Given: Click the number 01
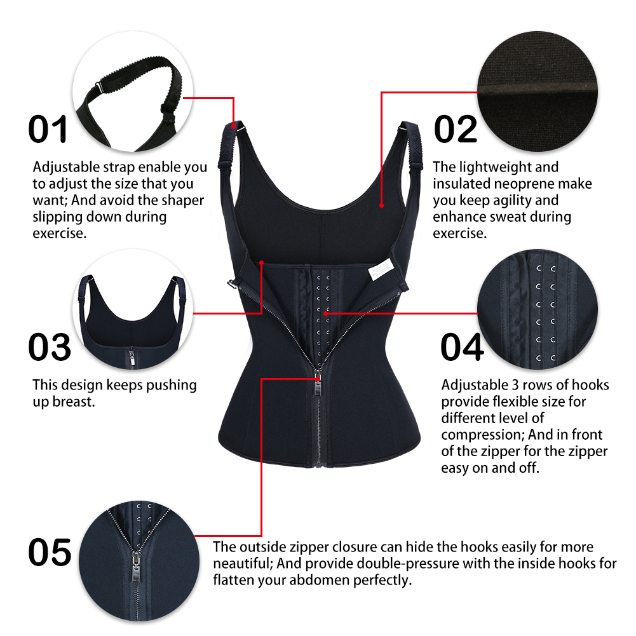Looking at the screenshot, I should click(48, 129).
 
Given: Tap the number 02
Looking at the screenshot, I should click(456, 129).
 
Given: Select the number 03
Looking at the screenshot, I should click(50, 347).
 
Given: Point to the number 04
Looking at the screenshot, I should click(462, 347).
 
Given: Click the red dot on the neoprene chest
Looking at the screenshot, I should click(381, 205).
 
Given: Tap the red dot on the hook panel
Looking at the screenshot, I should click(325, 313).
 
